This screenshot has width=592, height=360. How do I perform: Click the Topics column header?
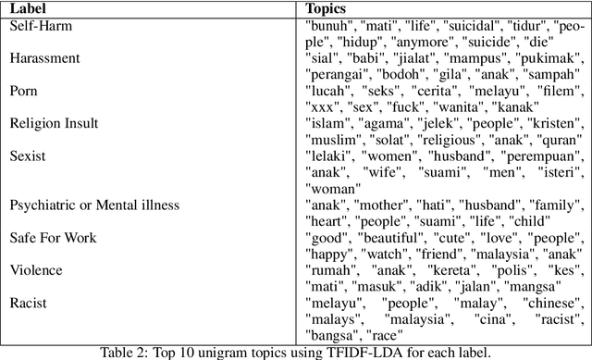click(x=327, y=9)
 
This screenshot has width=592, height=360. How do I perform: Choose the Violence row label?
click(x=36, y=269)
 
